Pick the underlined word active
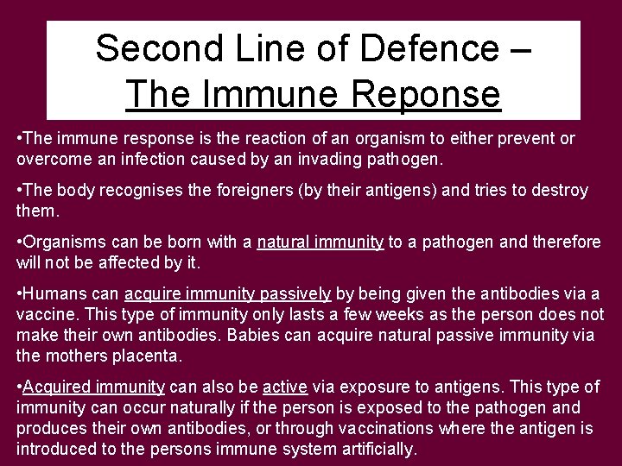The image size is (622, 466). tap(285, 387)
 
